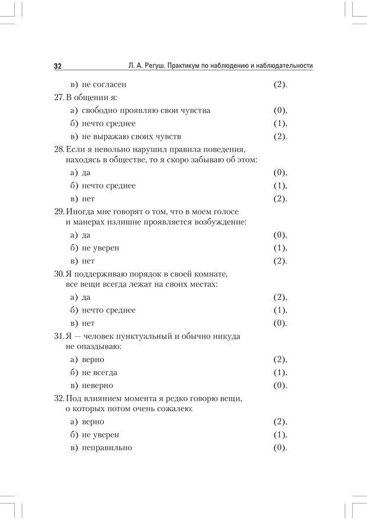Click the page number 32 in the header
pos(58,66)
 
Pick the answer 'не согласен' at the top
pos(104,84)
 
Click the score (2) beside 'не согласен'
pos(280,84)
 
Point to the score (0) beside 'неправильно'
pos(280,448)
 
